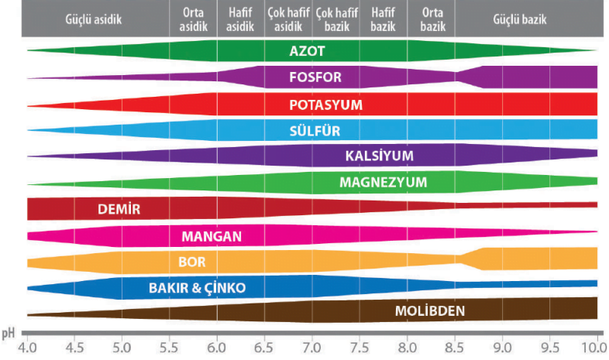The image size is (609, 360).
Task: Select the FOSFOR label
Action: [x=315, y=77]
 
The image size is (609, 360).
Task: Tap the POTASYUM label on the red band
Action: [x=315, y=104]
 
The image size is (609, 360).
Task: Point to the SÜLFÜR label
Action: [x=315, y=129]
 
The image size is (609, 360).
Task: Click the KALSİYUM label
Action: [x=379, y=156]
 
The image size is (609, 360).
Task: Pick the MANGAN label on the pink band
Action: [x=212, y=236]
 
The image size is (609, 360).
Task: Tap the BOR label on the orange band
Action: [x=192, y=262]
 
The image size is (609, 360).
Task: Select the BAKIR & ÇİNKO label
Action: [x=197, y=288]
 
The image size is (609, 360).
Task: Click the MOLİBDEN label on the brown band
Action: [x=429, y=312]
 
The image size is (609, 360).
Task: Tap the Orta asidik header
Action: [x=194, y=19]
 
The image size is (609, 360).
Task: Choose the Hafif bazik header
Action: [x=384, y=19]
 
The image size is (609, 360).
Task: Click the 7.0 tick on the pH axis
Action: [x=311, y=346]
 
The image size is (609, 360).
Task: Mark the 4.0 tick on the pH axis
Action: [x=27, y=346]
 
